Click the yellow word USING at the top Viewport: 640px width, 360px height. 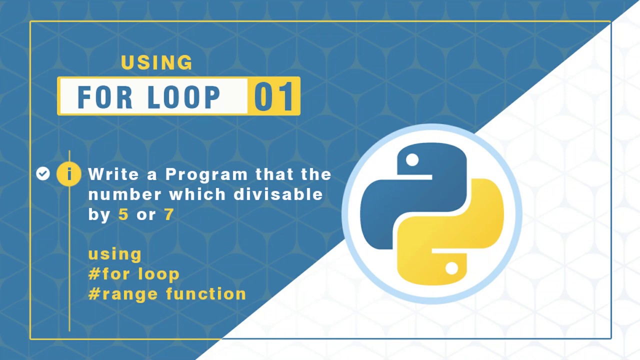156,62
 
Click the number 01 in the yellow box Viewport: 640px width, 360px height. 273,96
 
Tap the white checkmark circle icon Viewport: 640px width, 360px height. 43,173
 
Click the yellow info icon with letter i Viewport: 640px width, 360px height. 69,174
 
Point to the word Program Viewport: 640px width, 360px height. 206,174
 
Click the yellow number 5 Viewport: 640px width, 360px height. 123,214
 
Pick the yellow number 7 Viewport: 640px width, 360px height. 169,214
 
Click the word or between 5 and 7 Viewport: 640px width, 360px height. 146,215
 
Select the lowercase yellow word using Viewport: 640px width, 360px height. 114,254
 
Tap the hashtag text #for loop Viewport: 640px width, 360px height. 133,274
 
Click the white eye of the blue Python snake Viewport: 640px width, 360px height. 412,160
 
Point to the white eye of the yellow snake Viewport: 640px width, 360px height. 451,268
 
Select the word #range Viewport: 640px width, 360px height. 123,294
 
